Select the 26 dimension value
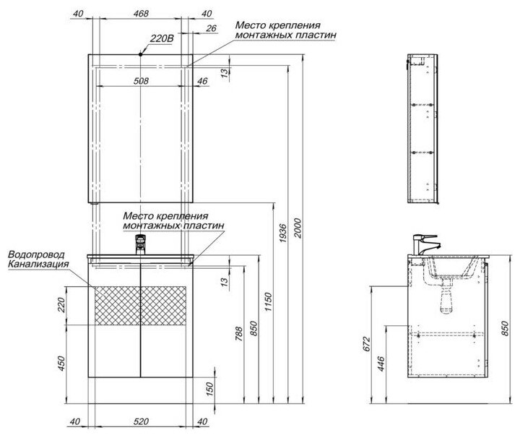[x=211, y=29]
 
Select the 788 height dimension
[x=239, y=335]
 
